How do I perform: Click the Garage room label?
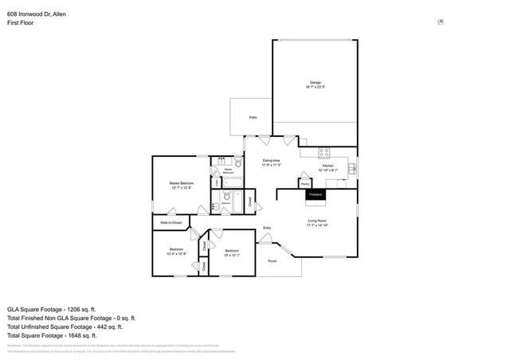(x=316, y=83)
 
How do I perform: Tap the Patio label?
(x=253, y=118)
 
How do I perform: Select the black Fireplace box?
(x=316, y=194)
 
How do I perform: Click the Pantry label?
(x=305, y=184)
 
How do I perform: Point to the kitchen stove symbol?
(x=324, y=151)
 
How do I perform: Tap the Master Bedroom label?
(x=181, y=184)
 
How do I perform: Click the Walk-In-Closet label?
(x=171, y=222)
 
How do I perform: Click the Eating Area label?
(x=271, y=161)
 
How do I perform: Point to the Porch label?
(x=273, y=261)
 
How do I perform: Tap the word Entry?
(x=267, y=229)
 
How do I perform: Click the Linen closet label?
(x=216, y=182)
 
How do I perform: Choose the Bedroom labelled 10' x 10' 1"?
(x=232, y=254)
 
